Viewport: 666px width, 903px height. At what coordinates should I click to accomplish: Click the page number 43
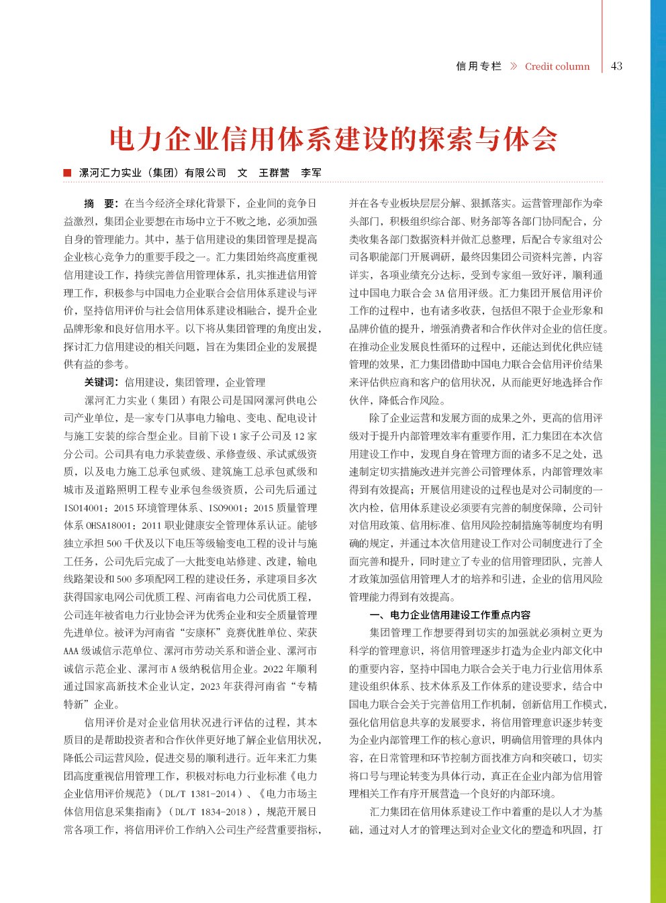pyautogui.click(x=617, y=66)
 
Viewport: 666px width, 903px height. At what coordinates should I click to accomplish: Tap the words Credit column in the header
pyautogui.click(x=557, y=66)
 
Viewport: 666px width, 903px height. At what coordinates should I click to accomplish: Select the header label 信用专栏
pyautogui.click(x=479, y=66)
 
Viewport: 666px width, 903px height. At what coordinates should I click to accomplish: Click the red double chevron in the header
pyautogui.click(x=514, y=66)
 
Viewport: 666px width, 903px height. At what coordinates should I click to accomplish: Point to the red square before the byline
pyautogui.click(x=67, y=172)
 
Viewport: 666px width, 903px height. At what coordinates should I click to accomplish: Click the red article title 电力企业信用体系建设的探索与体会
pyautogui.click(x=333, y=139)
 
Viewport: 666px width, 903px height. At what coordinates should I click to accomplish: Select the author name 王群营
pyautogui.click(x=274, y=172)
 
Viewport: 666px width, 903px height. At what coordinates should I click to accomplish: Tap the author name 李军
pyautogui.click(x=311, y=172)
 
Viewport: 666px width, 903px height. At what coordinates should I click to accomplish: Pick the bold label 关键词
pyautogui.click(x=101, y=382)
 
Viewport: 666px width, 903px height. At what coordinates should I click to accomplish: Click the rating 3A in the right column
pyautogui.click(x=440, y=293)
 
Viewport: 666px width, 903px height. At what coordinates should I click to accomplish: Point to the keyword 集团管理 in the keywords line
pyautogui.click(x=195, y=382)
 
